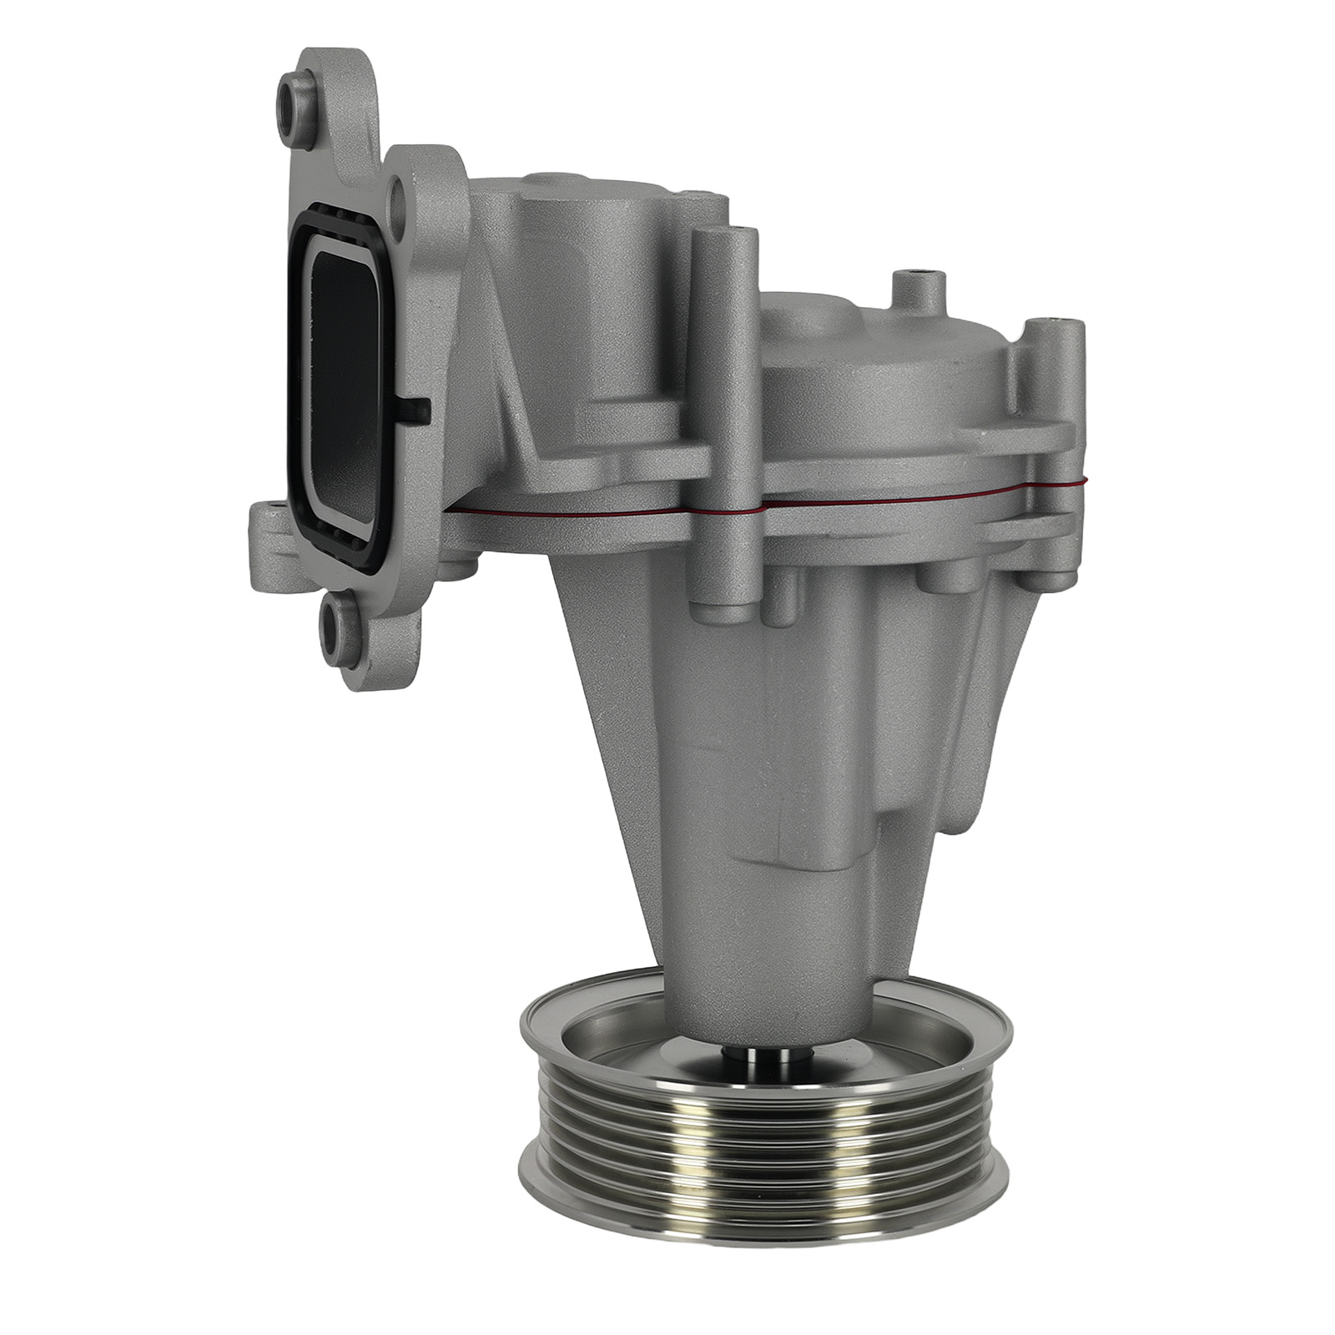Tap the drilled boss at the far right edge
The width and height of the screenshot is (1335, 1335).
[1057, 334]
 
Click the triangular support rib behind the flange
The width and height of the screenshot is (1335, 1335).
[501, 350]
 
